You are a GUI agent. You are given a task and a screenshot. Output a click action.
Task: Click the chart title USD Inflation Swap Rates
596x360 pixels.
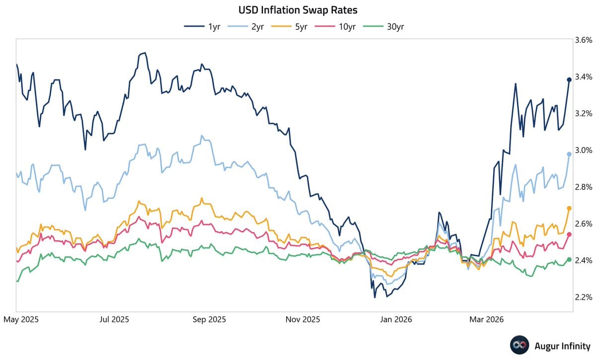298,9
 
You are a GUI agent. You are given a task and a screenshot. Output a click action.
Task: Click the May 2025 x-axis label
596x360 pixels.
21,320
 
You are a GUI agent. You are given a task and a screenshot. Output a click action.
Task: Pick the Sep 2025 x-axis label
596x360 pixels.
209,320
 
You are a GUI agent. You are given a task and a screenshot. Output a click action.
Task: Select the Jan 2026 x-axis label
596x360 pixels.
395,320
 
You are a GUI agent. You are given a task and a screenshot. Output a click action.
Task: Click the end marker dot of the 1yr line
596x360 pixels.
569,80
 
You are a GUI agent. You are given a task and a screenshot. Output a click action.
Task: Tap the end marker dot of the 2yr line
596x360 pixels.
569,154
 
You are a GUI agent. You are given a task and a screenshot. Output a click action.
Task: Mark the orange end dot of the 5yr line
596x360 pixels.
569,209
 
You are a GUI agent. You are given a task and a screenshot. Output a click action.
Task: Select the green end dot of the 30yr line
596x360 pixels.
569,260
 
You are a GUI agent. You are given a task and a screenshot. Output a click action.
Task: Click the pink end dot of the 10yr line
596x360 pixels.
569,234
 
